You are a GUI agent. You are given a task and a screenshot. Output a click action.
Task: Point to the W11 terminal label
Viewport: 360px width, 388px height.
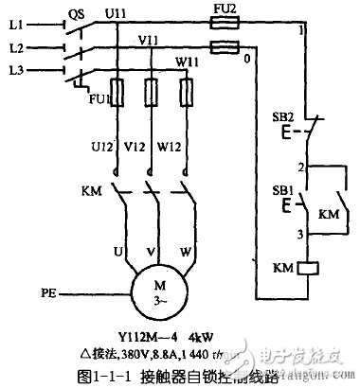click(184, 63)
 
